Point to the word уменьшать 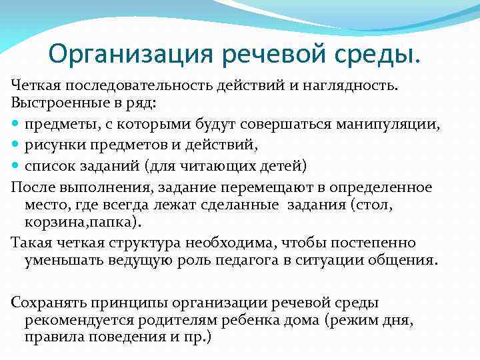[58, 259]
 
